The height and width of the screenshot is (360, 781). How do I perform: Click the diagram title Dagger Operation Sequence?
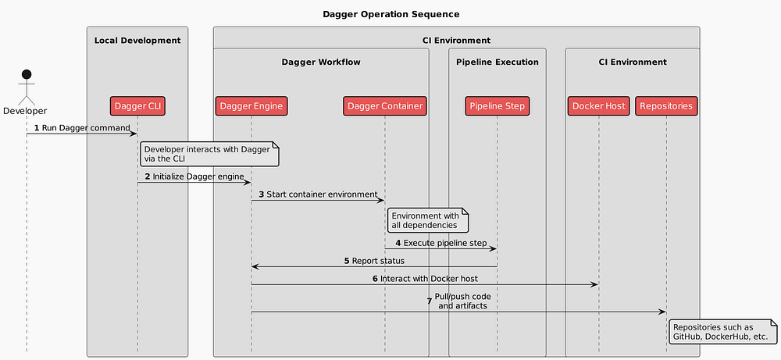tap(390, 14)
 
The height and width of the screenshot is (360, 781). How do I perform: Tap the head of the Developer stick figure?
tap(26, 75)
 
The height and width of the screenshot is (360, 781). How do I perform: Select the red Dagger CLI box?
tap(137, 105)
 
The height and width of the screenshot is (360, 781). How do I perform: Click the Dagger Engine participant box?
tap(251, 105)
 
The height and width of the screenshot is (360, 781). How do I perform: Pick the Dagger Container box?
tap(385, 105)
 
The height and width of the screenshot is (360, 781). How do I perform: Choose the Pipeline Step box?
tap(497, 105)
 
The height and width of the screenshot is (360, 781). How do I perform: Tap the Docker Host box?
tap(598, 105)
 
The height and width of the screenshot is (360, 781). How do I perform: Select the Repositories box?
tap(665, 105)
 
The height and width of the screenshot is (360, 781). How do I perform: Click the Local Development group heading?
tap(137, 40)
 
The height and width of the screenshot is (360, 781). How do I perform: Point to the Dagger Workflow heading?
tap(321, 62)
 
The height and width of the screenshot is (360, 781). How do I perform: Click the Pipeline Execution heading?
tap(497, 62)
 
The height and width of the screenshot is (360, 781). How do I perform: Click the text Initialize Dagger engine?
tap(198, 176)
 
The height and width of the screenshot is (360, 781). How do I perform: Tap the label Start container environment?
tap(318, 194)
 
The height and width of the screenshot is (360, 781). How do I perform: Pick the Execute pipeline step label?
tap(445, 244)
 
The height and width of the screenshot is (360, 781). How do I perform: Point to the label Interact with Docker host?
tap(429, 278)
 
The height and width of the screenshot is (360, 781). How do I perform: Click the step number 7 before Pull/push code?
tap(429, 301)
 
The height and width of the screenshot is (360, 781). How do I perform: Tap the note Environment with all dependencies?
tap(426, 220)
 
